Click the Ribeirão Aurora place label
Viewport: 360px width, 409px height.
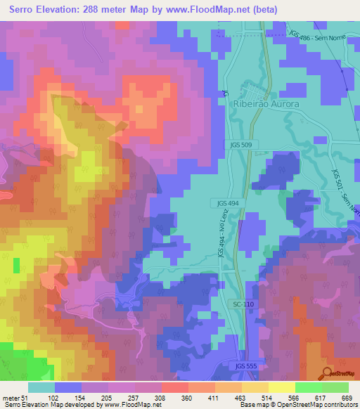pos(266,103)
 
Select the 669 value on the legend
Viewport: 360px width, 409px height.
pos(347,398)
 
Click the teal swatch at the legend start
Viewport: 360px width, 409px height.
pos(41,387)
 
